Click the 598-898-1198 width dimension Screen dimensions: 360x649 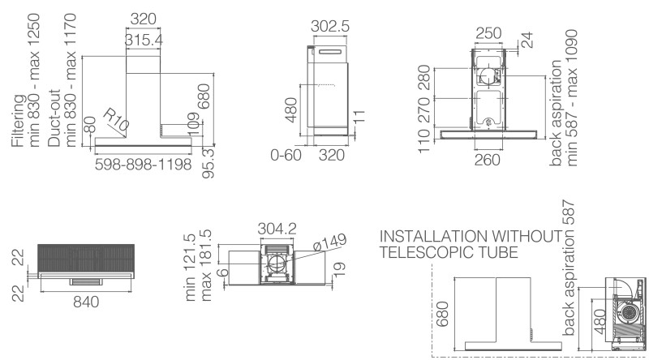[x=143, y=165]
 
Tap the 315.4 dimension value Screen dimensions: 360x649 [x=144, y=40]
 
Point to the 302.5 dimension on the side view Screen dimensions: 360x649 [x=330, y=26]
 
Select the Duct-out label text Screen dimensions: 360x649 [x=54, y=118]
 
